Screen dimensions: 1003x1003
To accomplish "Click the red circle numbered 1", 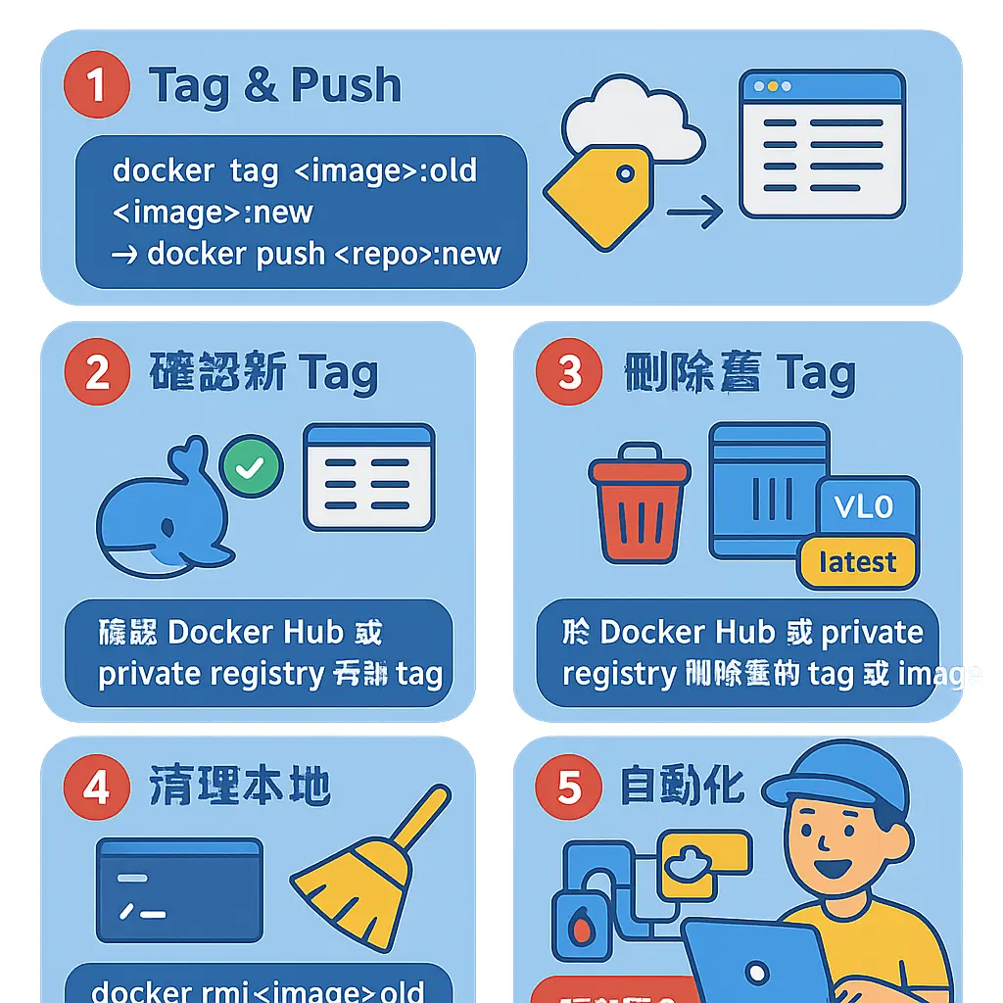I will [96, 85].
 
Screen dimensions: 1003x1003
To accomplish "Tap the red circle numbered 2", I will [96, 372].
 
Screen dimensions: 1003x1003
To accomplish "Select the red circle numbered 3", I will [569, 372].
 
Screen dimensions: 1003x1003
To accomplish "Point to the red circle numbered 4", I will [96, 788].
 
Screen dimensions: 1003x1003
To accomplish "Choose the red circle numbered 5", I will [569, 788].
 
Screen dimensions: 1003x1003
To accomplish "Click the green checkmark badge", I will [251, 467].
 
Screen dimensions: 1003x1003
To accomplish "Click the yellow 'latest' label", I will [857, 562].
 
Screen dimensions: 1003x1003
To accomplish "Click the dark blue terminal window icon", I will [179, 888].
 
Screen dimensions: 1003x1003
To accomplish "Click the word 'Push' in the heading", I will [346, 86].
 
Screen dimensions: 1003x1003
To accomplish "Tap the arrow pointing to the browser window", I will [694, 212].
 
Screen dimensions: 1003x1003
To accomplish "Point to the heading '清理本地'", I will [240, 788].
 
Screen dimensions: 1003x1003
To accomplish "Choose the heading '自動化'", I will [682, 787].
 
